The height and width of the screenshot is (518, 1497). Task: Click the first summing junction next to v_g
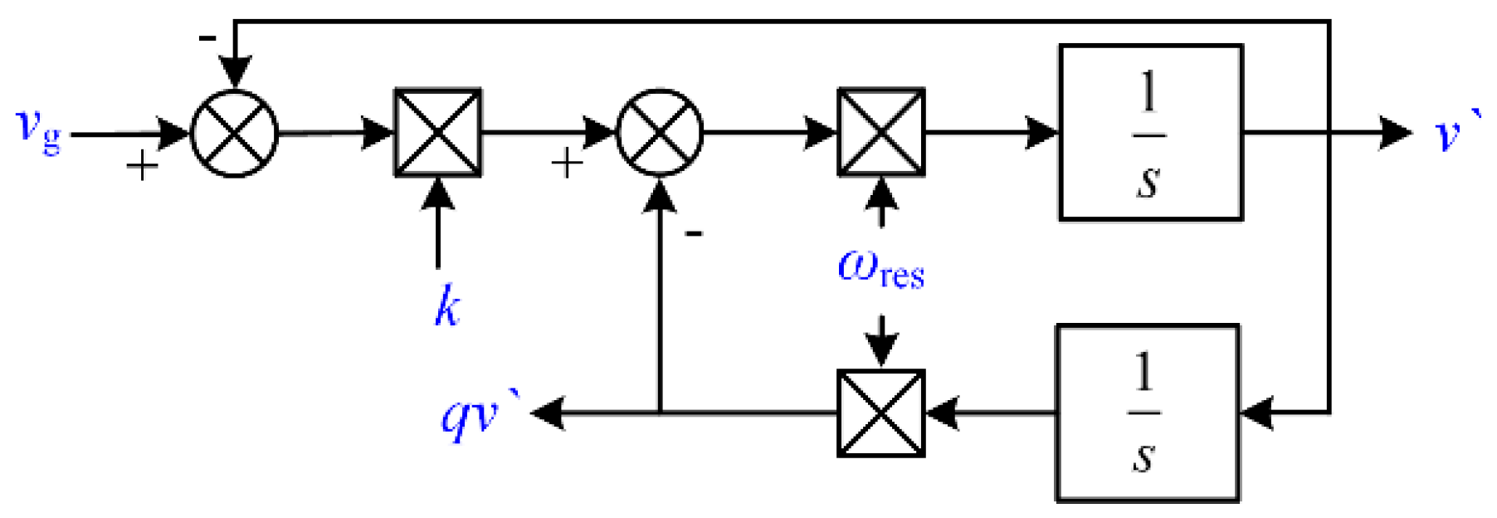pos(234,133)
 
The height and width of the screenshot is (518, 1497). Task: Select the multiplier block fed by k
pos(437,132)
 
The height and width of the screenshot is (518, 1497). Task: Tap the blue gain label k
pos(447,306)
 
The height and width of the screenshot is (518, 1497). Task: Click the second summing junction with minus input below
pos(660,132)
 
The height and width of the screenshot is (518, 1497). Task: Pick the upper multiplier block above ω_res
pos(881,132)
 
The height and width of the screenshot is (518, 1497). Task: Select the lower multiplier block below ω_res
pos(881,413)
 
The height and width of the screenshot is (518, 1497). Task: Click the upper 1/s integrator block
pos(1150,133)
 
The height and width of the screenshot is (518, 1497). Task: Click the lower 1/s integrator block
pos(1147,413)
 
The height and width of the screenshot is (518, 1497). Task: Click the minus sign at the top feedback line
pos(207,38)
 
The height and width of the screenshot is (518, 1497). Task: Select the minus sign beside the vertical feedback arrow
pos(694,234)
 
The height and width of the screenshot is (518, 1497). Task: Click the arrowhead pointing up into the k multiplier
pos(437,193)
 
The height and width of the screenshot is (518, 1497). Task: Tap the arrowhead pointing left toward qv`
pos(548,413)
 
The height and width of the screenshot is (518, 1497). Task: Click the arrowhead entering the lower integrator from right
pos(1256,413)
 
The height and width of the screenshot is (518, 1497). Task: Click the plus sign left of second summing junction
pos(567,163)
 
